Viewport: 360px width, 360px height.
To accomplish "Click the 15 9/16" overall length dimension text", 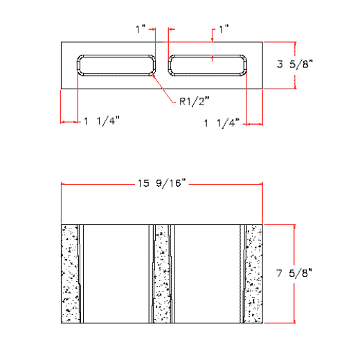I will pos(163,183).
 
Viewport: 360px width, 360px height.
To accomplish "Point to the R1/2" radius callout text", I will pos(193,102).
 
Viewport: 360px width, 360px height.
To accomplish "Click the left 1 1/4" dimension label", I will pos(102,120).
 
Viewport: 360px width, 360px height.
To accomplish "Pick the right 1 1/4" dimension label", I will pos(222,123).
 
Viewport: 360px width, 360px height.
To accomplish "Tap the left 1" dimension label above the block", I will pos(141,29).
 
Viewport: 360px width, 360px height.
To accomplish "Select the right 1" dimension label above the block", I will pos(223,29).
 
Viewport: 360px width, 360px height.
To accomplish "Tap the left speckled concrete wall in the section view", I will pos(71,273).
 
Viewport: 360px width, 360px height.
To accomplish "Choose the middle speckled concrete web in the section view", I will pos(162,273).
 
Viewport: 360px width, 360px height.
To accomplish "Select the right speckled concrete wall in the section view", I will pos(253,273).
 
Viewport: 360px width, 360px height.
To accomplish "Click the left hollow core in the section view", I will pos(116,273).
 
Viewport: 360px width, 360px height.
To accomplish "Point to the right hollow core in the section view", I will pos(207,273).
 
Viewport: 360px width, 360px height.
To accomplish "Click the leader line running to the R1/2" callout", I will pos(164,89).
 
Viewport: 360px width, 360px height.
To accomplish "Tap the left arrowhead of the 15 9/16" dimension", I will pos(65,183).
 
